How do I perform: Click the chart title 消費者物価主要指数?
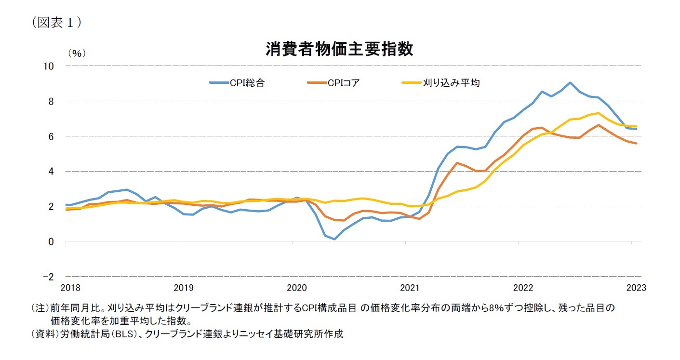[x=339, y=49]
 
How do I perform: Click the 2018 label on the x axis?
[x=71, y=288]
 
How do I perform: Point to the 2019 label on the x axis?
[x=184, y=288]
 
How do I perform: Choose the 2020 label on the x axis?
[x=297, y=288]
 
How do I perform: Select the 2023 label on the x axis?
[x=636, y=288]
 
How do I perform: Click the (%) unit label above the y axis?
[x=77, y=53]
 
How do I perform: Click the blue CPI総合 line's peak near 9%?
[x=570, y=82]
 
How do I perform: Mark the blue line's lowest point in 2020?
[x=334, y=239]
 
